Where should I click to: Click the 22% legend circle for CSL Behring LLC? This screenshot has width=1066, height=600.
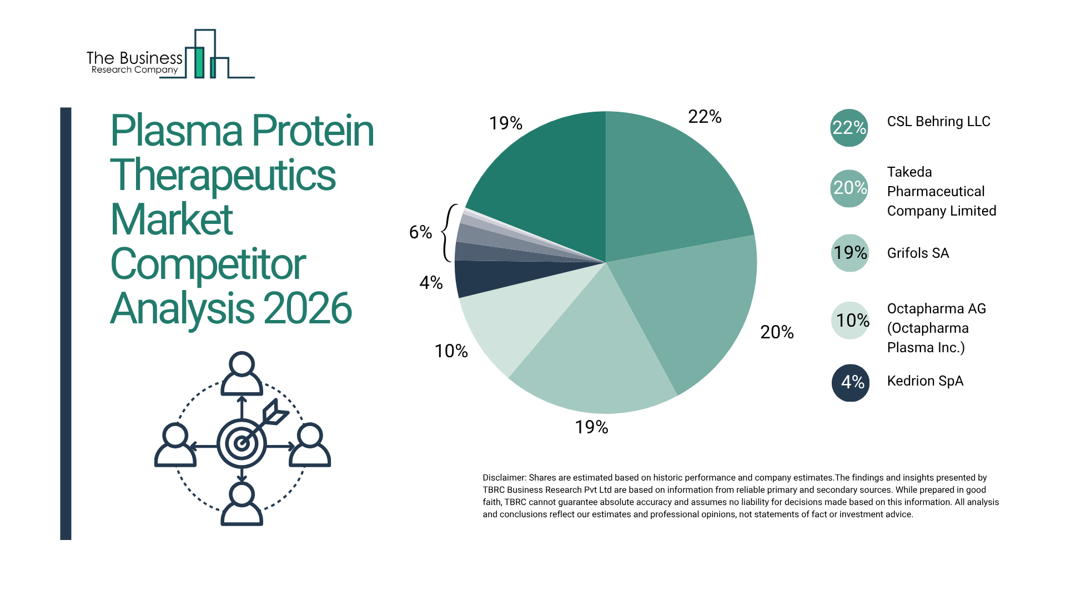click(849, 128)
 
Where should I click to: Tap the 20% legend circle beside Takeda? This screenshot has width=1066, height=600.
click(849, 188)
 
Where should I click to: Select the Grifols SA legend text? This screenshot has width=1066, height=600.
click(918, 253)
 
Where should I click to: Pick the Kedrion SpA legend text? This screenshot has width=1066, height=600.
click(925, 381)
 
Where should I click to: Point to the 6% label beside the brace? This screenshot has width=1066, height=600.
click(420, 232)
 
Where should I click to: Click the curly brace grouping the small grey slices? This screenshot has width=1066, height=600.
click(448, 233)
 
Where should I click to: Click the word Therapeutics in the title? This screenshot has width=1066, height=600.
click(223, 175)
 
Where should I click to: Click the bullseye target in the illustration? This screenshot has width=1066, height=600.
click(242, 443)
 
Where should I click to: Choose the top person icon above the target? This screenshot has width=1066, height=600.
click(242, 373)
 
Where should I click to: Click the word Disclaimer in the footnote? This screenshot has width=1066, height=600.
click(504, 478)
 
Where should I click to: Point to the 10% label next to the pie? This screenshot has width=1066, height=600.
click(451, 351)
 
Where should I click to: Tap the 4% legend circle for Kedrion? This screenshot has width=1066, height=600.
click(850, 382)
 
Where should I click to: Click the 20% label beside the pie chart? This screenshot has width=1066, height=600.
click(777, 332)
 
